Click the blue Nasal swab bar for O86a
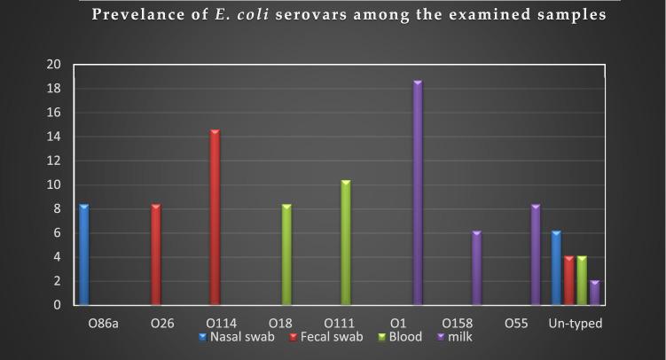[x=83, y=255]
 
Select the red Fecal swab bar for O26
[x=156, y=255]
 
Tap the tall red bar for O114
[x=215, y=218]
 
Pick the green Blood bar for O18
[x=286, y=255]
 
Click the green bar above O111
[x=346, y=243]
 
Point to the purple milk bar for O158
[x=476, y=269]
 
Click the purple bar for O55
[x=536, y=255]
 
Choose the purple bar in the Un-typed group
[x=593, y=293]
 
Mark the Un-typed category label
[x=576, y=324]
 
